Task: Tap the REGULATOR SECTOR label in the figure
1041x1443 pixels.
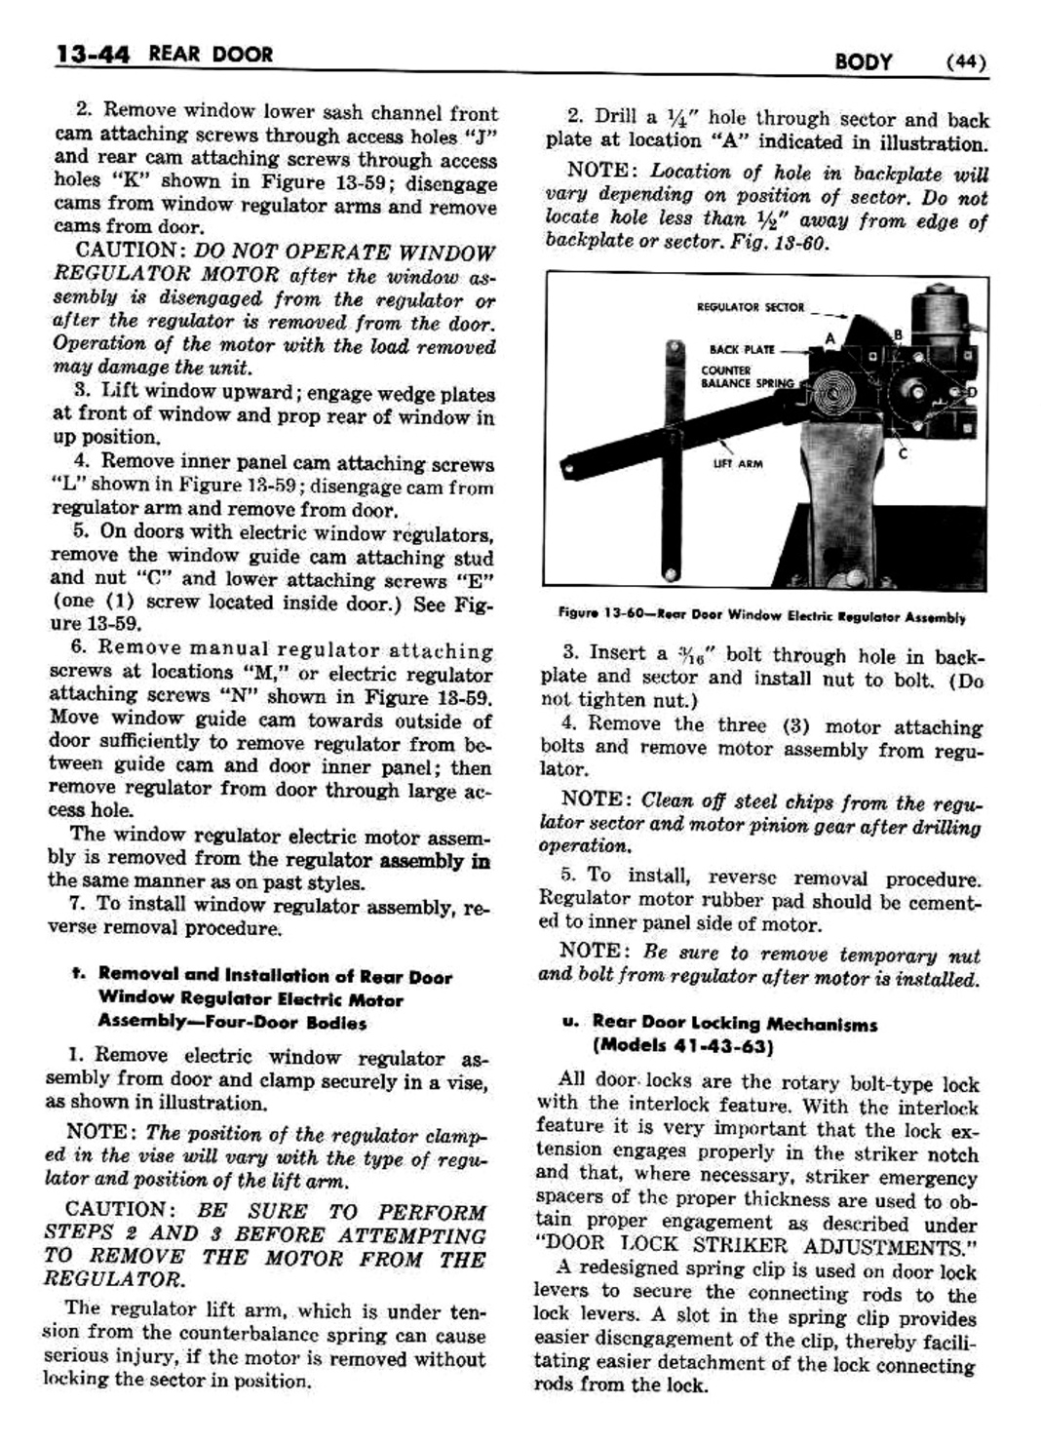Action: (x=751, y=307)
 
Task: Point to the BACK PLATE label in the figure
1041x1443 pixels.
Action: (x=743, y=349)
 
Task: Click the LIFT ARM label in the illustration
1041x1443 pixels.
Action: (x=738, y=463)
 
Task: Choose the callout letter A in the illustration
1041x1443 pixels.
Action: (x=830, y=337)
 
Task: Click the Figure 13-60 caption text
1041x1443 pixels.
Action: (x=761, y=616)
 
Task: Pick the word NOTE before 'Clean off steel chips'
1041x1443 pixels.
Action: (x=596, y=799)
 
